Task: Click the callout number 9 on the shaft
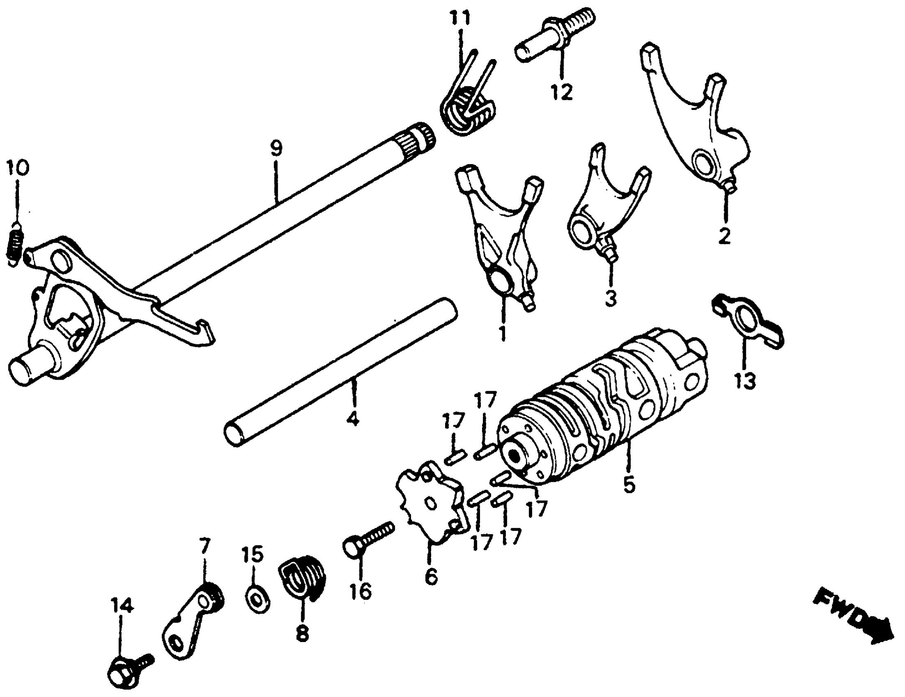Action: coord(277,149)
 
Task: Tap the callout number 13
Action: coord(745,380)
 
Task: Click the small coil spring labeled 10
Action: coord(15,246)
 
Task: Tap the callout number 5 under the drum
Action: coord(628,485)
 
